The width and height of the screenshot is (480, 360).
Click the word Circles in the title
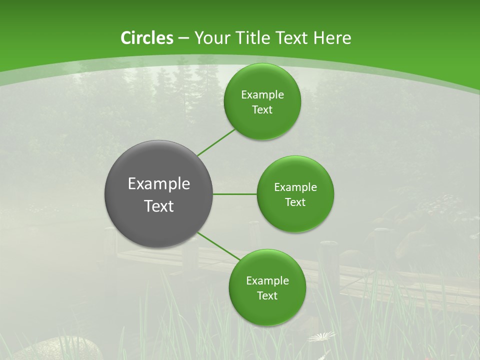point(147,38)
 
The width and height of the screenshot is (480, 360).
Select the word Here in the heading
point(332,38)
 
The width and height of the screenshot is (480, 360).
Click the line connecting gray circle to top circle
point(216,142)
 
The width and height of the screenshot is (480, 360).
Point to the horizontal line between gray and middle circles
point(235,194)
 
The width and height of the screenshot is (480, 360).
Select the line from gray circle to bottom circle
point(218,245)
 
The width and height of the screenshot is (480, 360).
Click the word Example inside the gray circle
point(159,184)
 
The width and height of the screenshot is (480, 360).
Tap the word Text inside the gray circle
point(159,206)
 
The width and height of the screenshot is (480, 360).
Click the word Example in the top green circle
point(262,95)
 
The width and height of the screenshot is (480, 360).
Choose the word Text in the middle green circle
point(295,202)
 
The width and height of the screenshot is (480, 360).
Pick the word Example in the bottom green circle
point(267,281)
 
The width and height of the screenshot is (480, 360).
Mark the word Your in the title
point(210,38)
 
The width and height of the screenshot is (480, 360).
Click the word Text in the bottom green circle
point(267,295)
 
